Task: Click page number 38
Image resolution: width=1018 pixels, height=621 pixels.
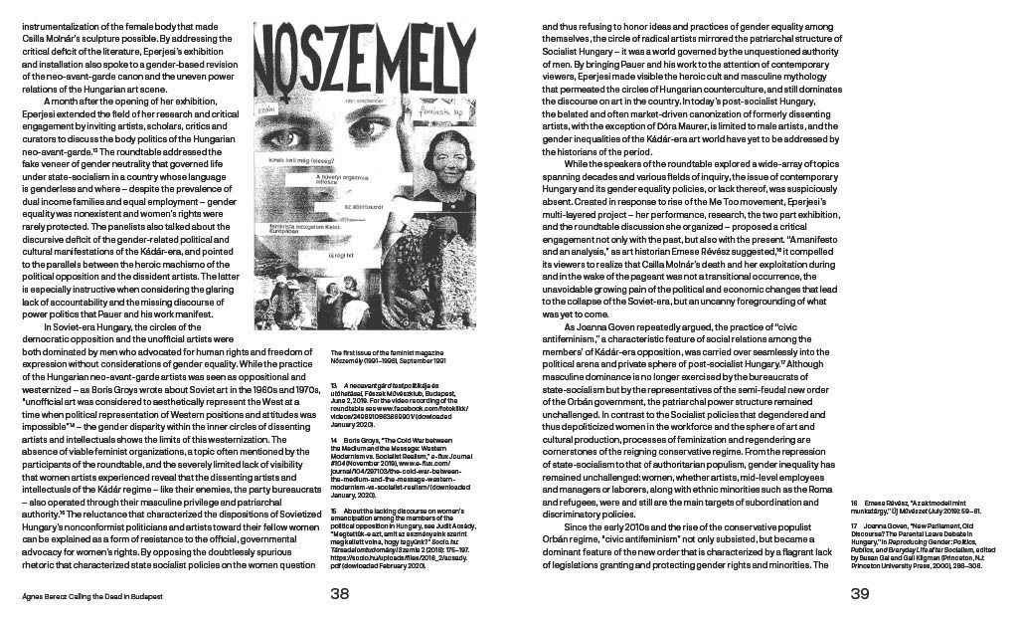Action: pos(340,595)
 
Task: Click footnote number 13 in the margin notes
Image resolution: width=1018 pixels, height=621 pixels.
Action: pos(334,383)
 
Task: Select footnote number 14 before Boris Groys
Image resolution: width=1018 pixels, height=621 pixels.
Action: pos(334,439)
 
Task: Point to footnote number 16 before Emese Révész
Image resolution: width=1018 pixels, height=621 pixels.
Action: pos(854,509)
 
